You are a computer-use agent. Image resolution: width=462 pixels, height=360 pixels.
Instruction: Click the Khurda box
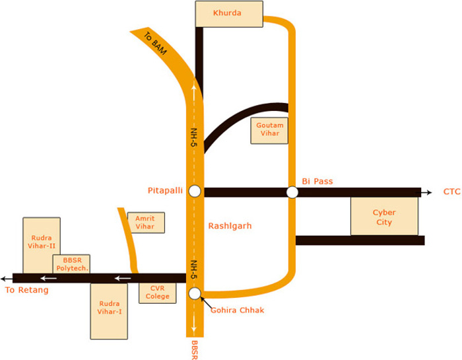click(x=230, y=13)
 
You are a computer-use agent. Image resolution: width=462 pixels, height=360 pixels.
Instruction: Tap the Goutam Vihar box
click(x=270, y=130)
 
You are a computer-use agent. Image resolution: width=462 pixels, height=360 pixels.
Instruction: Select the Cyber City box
click(x=383, y=217)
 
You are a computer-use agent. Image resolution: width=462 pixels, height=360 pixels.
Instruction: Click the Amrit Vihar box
click(x=145, y=222)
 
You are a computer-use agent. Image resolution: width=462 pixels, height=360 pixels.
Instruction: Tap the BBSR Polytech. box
click(x=71, y=264)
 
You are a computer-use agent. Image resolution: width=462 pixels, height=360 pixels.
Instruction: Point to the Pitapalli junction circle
click(x=195, y=192)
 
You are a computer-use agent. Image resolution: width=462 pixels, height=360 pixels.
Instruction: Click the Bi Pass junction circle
click(x=292, y=192)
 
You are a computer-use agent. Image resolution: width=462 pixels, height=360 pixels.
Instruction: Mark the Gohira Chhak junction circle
click(x=195, y=293)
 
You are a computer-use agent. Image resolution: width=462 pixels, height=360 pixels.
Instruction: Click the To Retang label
click(x=26, y=290)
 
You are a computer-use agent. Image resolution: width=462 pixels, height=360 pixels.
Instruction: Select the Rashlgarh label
click(x=230, y=226)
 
